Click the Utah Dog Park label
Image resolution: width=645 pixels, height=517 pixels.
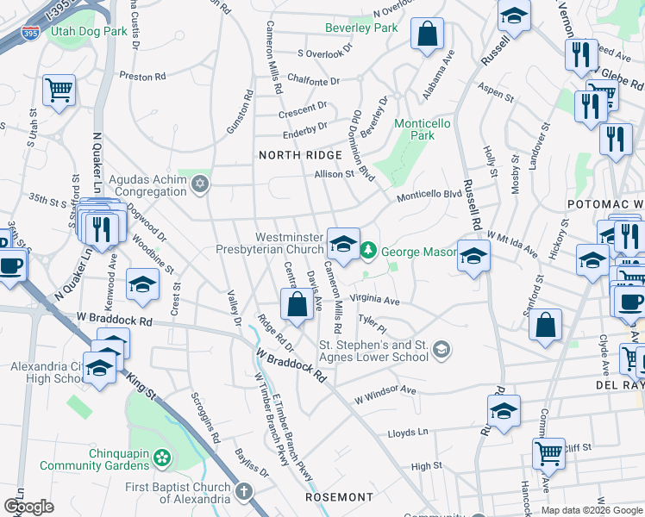point(89,31)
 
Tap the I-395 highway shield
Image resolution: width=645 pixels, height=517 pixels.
point(30,33)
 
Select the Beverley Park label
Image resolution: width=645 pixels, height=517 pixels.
point(361,28)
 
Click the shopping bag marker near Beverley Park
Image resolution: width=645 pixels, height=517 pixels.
point(427,34)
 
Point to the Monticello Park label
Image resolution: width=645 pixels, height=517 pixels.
point(422,129)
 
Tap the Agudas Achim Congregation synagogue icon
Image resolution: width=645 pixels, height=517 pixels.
point(200,184)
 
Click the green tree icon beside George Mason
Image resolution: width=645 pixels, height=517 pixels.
point(368,251)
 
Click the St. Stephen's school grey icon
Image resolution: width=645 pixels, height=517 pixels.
point(441,349)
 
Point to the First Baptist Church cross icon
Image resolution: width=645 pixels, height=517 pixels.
point(244,493)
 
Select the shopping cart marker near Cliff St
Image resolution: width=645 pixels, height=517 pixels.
point(548,452)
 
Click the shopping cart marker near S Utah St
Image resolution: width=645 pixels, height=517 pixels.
point(59,88)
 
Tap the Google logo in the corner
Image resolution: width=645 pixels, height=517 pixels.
point(28,507)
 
